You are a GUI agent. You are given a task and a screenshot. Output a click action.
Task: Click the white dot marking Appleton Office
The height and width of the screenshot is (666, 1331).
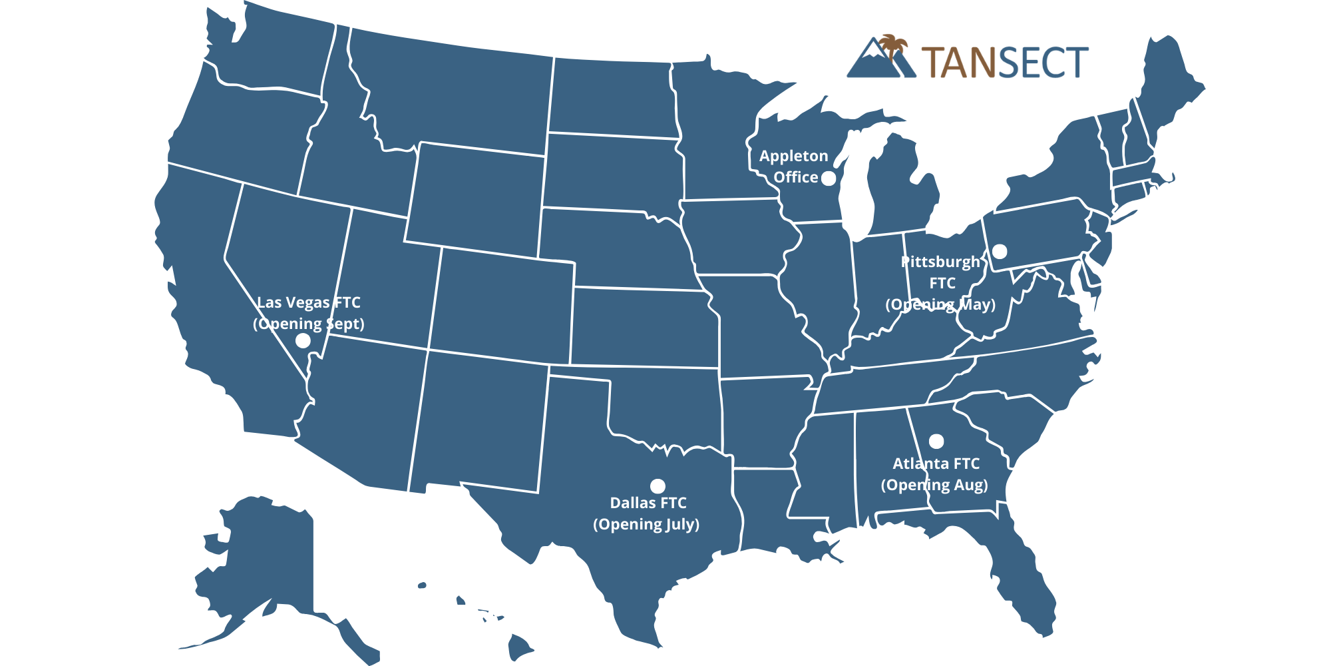click(828, 178)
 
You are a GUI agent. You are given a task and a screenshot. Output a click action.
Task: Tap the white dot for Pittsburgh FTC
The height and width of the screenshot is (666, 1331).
click(1000, 251)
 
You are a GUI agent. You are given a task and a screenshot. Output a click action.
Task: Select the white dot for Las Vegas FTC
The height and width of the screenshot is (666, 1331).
click(303, 340)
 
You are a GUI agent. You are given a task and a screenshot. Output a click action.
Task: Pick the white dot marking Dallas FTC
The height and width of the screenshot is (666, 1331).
click(658, 486)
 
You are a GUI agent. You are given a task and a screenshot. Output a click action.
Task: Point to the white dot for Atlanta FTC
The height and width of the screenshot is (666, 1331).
click(936, 441)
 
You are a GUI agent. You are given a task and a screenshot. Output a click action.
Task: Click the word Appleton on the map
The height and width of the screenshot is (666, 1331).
click(793, 156)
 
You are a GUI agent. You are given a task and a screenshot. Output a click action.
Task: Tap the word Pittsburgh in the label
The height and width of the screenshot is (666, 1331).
click(940, 262)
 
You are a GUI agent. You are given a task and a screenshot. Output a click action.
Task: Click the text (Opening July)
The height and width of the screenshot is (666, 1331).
click(646, 524)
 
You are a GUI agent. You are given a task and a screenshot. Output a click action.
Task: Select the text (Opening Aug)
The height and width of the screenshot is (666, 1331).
click(934, 485)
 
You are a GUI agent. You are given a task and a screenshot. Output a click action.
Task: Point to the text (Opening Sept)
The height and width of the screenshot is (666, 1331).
click(308, 324)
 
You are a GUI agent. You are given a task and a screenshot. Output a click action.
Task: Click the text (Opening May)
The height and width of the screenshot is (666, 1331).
click(940, 304)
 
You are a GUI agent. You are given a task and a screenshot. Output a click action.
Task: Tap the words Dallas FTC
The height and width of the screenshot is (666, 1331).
click(648, 503)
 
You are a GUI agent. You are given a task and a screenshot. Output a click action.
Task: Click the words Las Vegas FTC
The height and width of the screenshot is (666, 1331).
click(309, 302)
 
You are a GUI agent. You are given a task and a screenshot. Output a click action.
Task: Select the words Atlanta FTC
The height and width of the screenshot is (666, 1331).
click(936, 464)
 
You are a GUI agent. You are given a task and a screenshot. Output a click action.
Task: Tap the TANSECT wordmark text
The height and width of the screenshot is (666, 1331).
click(1005, 63)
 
